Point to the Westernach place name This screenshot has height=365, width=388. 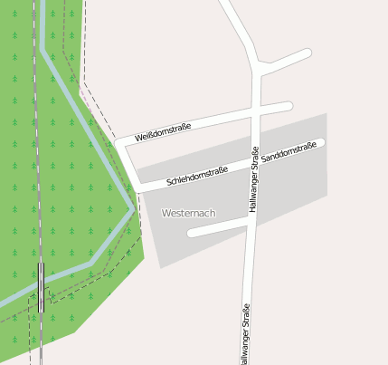[x=188, y=213]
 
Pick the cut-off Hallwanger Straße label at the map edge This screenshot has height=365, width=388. [x=245, y=335]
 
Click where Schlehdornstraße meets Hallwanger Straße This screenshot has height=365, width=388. [x=255, y=163]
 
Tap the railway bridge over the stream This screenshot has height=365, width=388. [x=42, y=287]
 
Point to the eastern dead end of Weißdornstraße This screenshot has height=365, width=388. [x=288, y=106]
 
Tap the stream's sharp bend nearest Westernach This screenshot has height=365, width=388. [x=134, y=208]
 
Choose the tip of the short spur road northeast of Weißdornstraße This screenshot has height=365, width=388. [x=308, y=53]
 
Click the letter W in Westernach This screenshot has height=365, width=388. [x=166, y=213]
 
